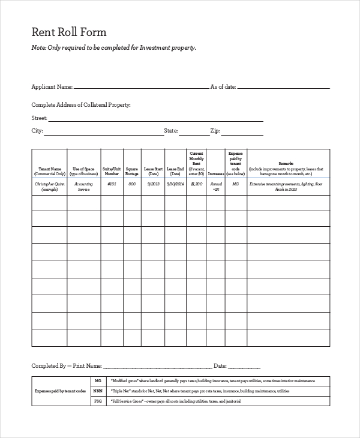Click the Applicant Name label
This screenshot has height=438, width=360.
52,87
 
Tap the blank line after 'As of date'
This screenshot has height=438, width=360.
283,88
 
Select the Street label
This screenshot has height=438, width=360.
38,118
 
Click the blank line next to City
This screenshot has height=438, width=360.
104,131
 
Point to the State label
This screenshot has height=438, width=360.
170,130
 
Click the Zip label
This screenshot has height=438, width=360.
215,130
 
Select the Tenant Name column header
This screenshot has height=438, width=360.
49,171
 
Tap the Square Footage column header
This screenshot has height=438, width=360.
132,171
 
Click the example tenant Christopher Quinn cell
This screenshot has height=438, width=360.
49,186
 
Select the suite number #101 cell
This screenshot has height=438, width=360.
112,184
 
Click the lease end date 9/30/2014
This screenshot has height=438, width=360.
174,184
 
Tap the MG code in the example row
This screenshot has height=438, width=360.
235,184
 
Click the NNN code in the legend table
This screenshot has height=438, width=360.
98,391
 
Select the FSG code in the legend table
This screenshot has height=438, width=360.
98,400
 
